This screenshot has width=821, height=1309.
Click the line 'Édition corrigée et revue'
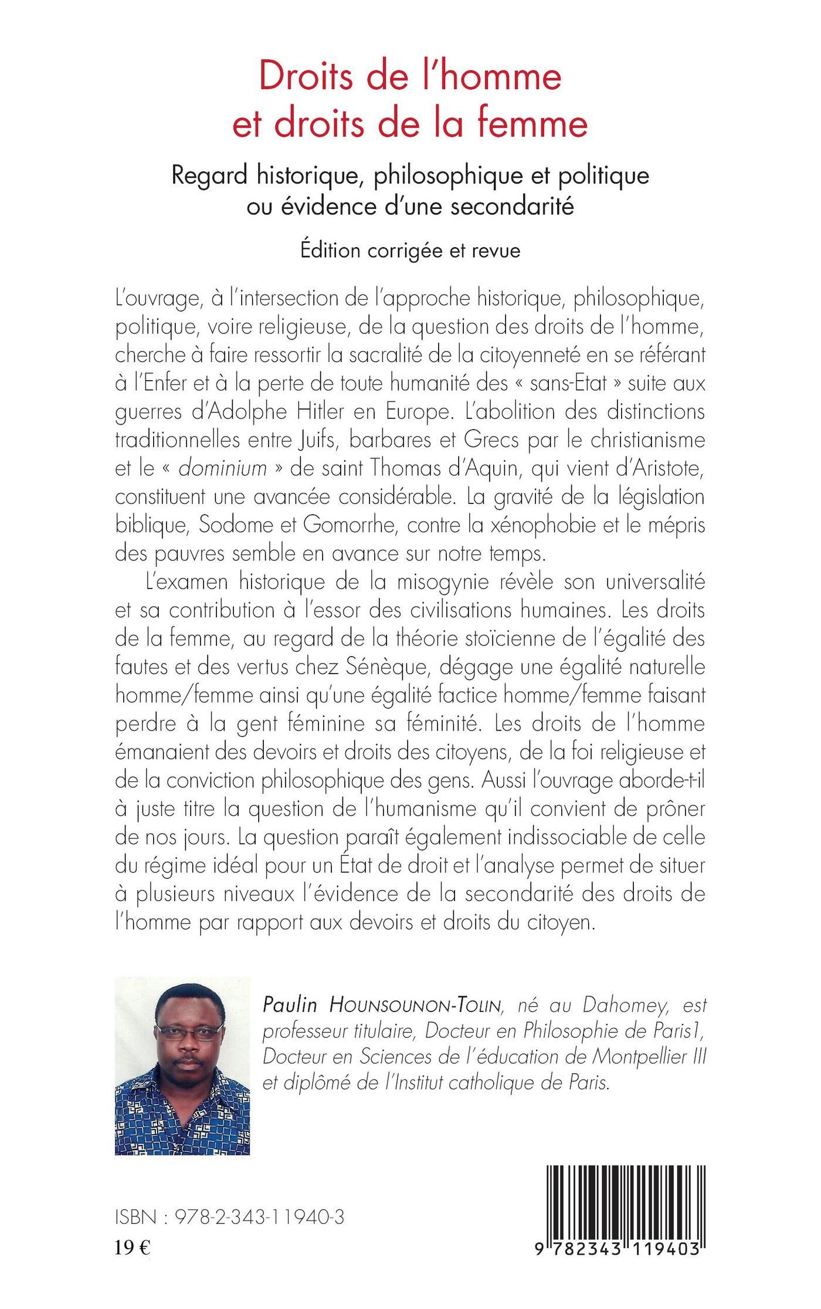pos(410,251)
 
